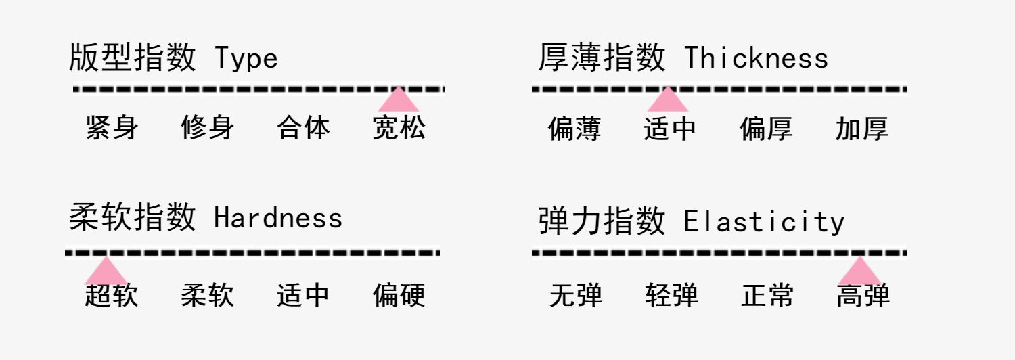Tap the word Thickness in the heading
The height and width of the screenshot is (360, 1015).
[756, 59]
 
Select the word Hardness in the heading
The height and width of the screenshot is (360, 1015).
[278, 218]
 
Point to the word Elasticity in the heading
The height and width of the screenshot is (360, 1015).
[764, 222]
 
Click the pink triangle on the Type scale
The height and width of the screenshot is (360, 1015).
[399, 100]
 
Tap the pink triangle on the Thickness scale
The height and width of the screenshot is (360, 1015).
[668, 100]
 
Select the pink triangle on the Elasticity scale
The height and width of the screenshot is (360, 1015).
[859, 272]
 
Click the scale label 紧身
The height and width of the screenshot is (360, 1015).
[112, 127]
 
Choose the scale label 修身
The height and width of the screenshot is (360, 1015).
[208, 127]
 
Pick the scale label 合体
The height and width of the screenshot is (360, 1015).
[303, 127]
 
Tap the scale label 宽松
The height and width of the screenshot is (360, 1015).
[399, 127]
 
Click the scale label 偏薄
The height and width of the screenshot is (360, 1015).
[574, 129]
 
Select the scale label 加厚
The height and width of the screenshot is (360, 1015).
[861, 129]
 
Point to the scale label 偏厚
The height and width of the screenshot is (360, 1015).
[766, 129]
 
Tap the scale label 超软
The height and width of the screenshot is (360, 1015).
[112, 296]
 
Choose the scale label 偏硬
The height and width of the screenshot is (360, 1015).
[399, 296]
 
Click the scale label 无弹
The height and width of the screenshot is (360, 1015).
[576, 296]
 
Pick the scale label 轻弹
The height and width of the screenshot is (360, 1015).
[671, 296]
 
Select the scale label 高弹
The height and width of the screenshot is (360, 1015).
[863, 296]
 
